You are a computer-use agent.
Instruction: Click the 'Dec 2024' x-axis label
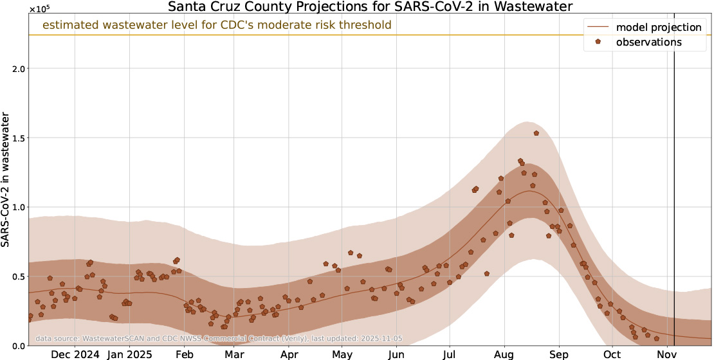[75, 354]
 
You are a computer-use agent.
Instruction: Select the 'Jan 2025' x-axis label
[129, 354]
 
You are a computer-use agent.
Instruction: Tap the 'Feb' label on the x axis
[185, 354]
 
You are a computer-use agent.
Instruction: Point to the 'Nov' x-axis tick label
[666, 354]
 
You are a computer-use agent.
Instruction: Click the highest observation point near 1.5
[536, 133]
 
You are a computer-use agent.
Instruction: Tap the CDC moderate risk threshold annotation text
[217, 26]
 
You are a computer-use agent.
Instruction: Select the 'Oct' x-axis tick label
[612, 354]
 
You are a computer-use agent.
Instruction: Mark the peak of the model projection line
[530, 191]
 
